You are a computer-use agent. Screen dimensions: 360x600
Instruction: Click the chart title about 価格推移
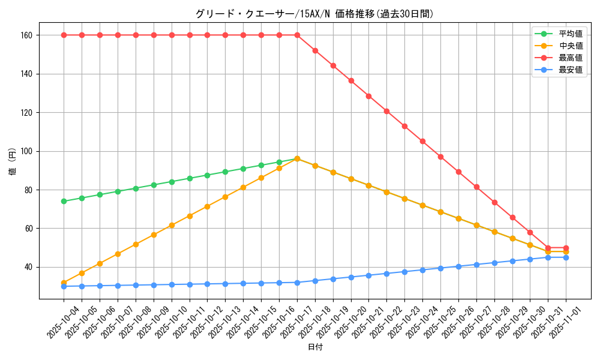(x=314, y=14)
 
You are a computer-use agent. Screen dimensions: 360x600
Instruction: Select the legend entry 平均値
(x=570, y=34)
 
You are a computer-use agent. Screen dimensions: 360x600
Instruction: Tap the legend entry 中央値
(x=570, y=46)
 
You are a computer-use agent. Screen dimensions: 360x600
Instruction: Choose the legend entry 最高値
(x=570, y=58)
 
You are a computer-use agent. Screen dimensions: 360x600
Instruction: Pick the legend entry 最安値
(x=570, y=70)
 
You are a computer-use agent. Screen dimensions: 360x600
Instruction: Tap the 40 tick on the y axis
(x=28, y=267)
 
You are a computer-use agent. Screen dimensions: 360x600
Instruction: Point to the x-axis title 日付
(x=315, y=347)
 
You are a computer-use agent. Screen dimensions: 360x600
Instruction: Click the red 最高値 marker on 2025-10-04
(x=64, y=35)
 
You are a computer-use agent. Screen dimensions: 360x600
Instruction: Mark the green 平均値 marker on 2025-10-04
(x=64, y=201)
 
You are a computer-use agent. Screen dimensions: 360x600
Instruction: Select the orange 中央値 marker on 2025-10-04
(x=64, y=283)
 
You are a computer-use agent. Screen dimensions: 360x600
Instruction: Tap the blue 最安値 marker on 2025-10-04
(x=64, y=286)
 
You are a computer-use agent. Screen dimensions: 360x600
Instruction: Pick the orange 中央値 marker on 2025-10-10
(x=172, y=225)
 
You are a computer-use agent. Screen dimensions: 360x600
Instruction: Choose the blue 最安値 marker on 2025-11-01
(x=566, y=257)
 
